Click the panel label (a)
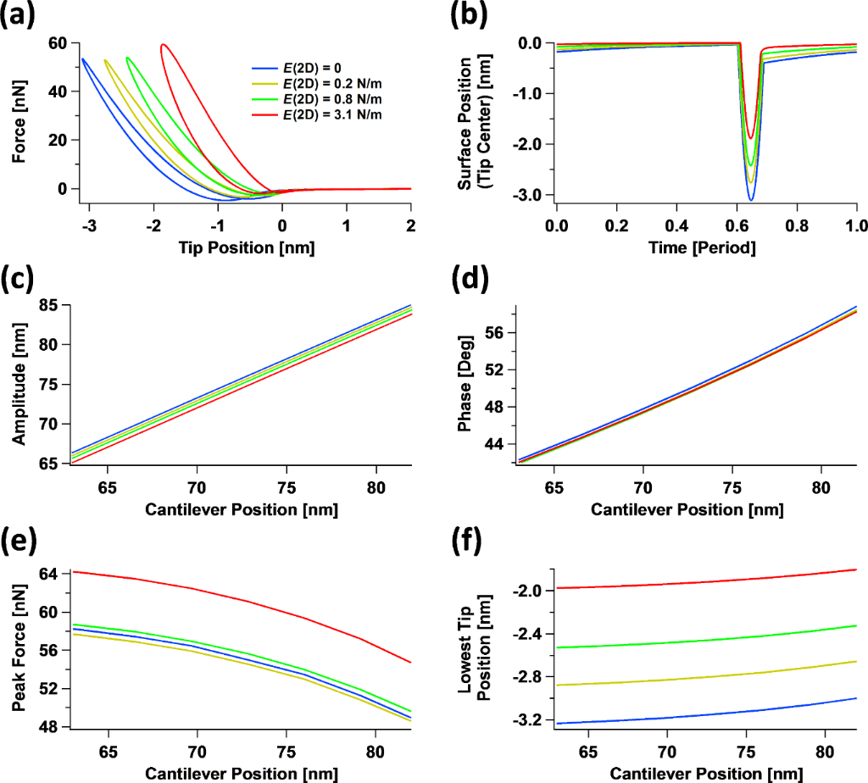[19, 15]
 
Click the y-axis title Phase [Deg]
[465, 384]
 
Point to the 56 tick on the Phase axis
[495, 334]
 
